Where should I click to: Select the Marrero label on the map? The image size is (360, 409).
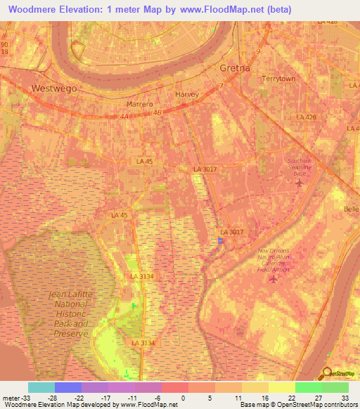point(139,104)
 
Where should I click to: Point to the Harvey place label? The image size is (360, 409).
point(187,94)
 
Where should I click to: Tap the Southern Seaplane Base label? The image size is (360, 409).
point(304,167)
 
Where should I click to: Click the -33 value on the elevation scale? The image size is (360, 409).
point(22,398)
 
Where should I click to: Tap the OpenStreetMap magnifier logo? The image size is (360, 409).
point(326,374)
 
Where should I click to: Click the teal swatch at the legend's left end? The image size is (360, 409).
point(41,387)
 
